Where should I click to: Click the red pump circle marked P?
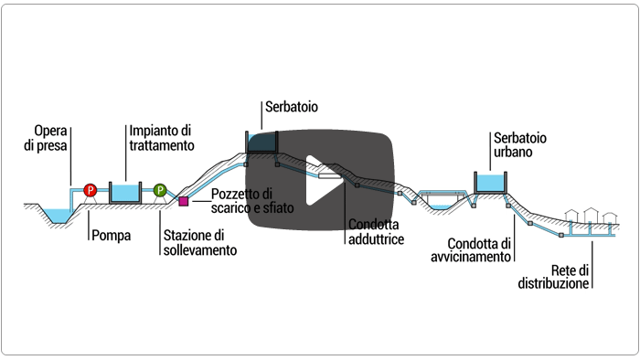tap(91, 190)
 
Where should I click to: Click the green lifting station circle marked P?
tap(159, 190)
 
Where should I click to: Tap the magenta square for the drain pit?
tap(184, 201)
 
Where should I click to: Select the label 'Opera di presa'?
tap(51, 136)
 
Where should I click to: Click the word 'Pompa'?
tap(111, 235)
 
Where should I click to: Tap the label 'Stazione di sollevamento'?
tap(199, 242)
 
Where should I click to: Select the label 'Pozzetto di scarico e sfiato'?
tap(243, 201)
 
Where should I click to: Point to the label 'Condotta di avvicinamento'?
tap(479, 249)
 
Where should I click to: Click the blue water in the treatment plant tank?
tap(124, 192)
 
